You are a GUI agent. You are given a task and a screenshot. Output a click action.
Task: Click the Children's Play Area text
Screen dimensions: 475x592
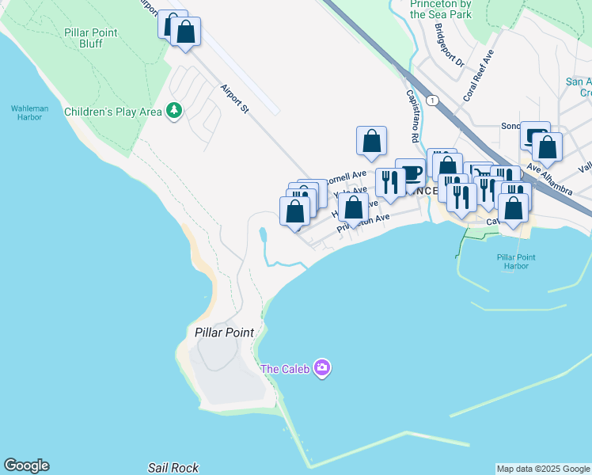coord(112,112)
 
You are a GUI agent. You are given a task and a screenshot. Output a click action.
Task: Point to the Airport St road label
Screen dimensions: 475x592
coord(234,98)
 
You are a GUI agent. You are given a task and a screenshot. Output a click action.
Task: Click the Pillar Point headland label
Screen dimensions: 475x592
coord(225,332)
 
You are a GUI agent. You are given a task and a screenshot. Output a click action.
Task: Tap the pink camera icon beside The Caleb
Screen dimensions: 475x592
coord(321,368)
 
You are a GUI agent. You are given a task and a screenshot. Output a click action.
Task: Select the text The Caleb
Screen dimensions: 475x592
coord(285,368)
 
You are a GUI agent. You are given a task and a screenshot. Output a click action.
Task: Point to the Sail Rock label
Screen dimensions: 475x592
coord(173,468)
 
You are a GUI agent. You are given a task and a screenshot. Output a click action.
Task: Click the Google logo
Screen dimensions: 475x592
coord(26,465)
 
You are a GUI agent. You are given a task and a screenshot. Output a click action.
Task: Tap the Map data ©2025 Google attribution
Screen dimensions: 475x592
coord(543,469)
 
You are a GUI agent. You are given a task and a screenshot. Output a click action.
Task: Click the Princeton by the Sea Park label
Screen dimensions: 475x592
coord(452,9)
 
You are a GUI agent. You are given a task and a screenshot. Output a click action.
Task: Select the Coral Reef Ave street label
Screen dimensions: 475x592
coord(484,72)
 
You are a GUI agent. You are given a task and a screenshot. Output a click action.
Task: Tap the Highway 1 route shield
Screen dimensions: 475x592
coord(432,101)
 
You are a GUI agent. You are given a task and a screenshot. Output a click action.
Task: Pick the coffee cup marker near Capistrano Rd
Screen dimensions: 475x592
coord(410,172)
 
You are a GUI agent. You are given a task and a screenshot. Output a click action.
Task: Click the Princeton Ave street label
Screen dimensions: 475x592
coord(363,222)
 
